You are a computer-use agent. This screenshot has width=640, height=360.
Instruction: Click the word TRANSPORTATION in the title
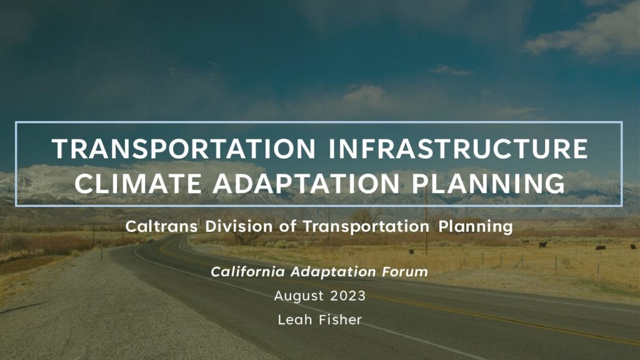click(x=184, y=148)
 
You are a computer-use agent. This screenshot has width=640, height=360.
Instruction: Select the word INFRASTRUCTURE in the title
click(x=458, y=148)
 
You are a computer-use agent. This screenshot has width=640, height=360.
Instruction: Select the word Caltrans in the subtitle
click(x=161, y=226)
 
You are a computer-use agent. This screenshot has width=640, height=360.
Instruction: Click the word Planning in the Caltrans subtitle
click(x=476, y=226)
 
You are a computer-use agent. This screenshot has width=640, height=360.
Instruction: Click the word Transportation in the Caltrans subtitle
click(x=366, y=226)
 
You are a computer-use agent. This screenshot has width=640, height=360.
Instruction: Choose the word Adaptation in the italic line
click(x=333, y=272)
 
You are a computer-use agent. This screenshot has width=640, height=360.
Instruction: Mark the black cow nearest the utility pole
click(x=411, y=252)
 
